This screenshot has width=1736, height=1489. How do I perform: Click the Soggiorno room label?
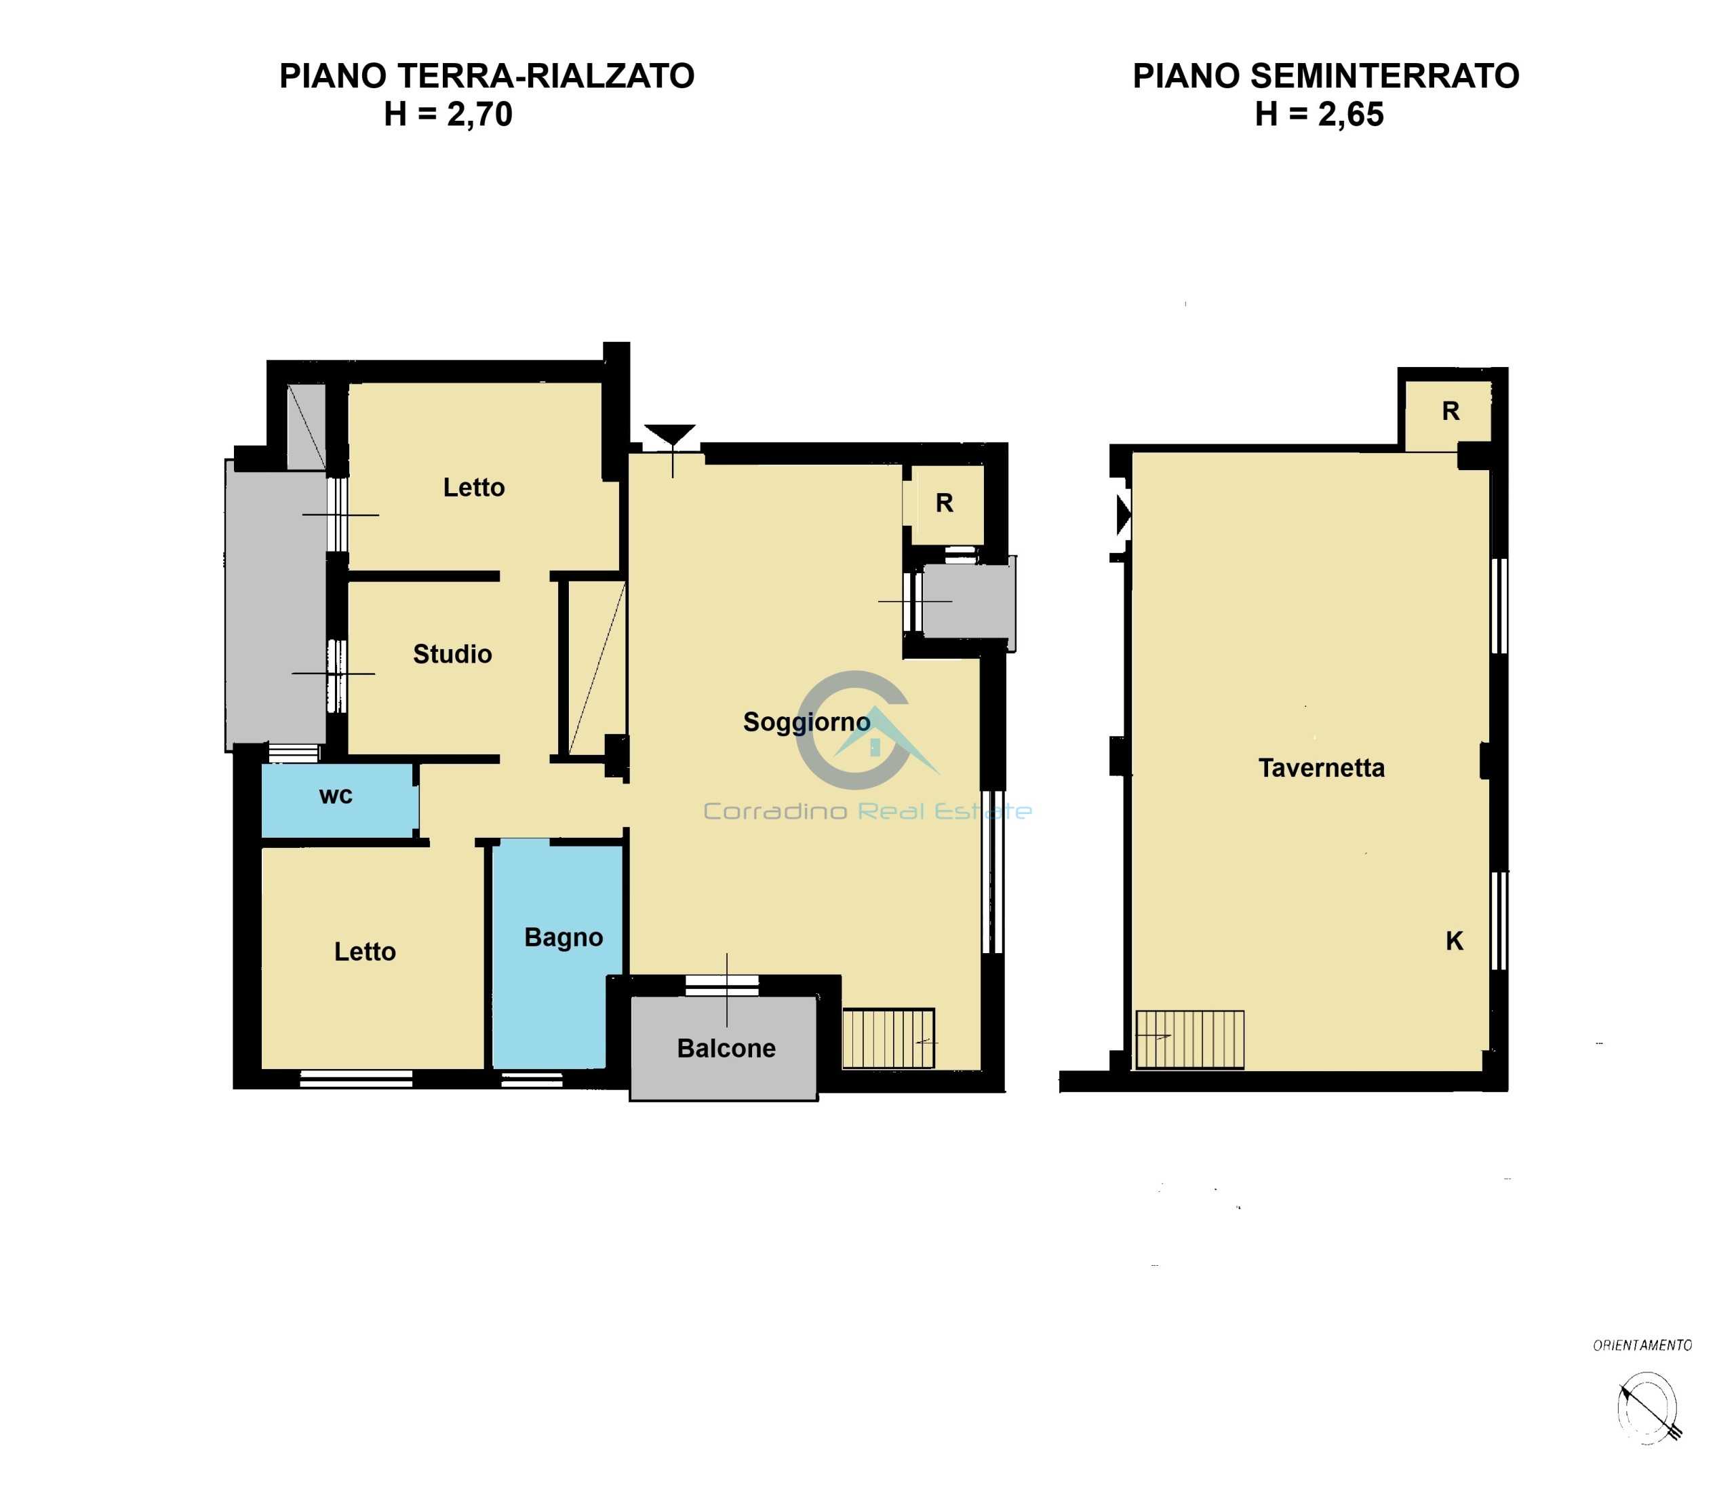click(x=806, y=722)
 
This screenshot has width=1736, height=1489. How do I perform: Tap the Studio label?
click(x=452, y=653)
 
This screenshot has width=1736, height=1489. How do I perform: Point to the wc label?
click(x=336, y=796)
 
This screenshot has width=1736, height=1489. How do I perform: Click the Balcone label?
click(x=726, y=1048)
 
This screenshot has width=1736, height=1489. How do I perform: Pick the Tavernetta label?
click(x=1321, y=767)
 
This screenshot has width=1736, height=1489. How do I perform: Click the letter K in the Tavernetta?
click(x=1455, y=941)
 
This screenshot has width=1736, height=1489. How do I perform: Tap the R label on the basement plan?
click(x=1451, y=410)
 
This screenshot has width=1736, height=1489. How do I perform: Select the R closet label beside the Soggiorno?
click(x=944, y=503)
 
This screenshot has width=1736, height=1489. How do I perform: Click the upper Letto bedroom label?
click(x=474, y=487)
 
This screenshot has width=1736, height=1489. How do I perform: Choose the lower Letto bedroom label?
click(x=366, y=951)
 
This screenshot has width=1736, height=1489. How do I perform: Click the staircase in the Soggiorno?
click(x=888, y=1038)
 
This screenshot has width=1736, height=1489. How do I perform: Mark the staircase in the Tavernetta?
click(x=1189, y=1040)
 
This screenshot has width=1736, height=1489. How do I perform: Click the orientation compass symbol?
click(x=1647, y=1408)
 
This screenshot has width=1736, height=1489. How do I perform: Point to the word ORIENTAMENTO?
click(x=1642, y=1345)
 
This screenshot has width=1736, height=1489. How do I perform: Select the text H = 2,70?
click(x=448, y=114)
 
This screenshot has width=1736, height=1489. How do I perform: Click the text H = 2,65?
click(x=1320, y=114)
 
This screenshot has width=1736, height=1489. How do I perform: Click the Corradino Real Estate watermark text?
click(x=867, y=811)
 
